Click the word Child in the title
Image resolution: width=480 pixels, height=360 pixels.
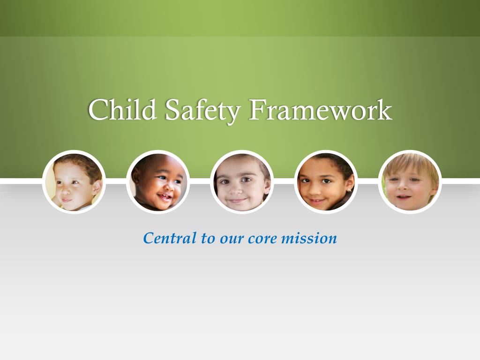tap(123, 110)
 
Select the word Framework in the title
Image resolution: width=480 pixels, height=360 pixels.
tap(320, 110)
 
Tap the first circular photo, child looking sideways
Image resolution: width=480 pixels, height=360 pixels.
tap(74, 182)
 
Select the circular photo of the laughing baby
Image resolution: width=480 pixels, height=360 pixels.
tap(158, 182)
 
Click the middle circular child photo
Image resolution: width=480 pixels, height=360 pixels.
tap(242, 182)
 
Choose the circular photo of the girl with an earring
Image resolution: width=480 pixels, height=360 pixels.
tap(326, 182)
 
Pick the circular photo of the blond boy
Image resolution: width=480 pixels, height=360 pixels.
tap(410, 182)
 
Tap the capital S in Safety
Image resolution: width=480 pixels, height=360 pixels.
tap(172, 110)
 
